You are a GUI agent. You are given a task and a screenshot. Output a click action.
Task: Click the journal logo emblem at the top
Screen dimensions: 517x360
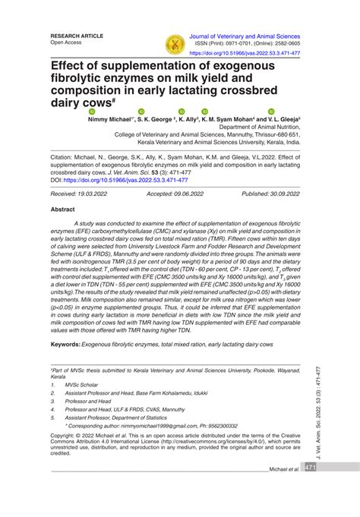tap(175, 44)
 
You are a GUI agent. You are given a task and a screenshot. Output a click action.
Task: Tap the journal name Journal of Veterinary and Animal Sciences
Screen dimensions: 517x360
tap(254, 36)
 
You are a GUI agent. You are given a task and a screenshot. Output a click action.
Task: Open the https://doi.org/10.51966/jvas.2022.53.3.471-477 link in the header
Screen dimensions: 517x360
tap(254, 54)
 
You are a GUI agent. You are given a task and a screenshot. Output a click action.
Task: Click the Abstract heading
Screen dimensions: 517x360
tap(62, 208)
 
